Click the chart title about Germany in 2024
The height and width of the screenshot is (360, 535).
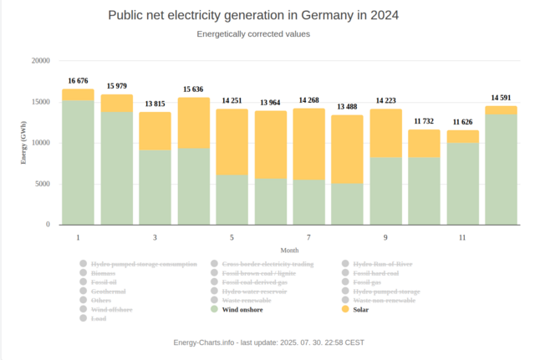click(253, 16)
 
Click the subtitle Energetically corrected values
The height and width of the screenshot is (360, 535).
click(253, 34)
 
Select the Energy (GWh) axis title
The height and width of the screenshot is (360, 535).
click(24, 142)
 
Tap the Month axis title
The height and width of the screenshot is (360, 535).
click(289, 251)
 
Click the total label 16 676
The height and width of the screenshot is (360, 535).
click(78, 81)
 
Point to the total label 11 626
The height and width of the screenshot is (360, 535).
click(462, 122)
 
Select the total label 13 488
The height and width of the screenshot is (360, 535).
click(347, 107)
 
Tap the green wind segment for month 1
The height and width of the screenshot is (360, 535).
click(78, 163)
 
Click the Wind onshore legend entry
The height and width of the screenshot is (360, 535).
click(242, 309)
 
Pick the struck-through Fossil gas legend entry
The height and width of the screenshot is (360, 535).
click(366, 282)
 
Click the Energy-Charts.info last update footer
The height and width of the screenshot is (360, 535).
click(268, 342)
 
